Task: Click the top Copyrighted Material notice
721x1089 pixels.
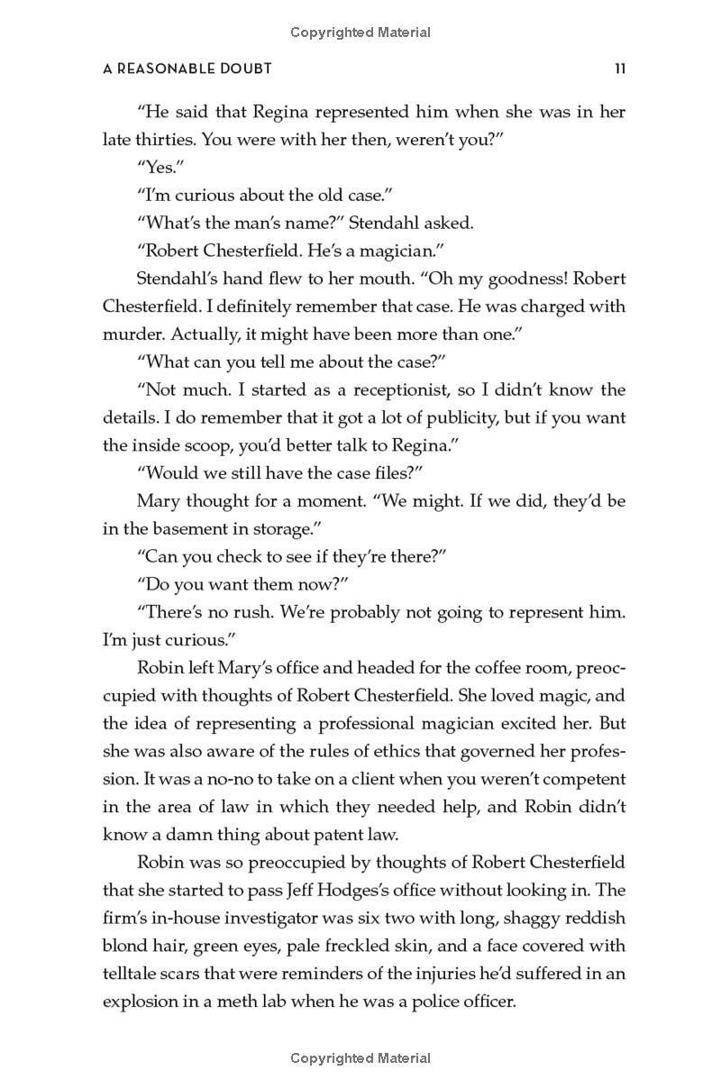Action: click(x=360, y=32)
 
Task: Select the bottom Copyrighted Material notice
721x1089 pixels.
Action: click(x=360, y=1058)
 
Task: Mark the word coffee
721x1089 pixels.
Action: click(x=458, y=669)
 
